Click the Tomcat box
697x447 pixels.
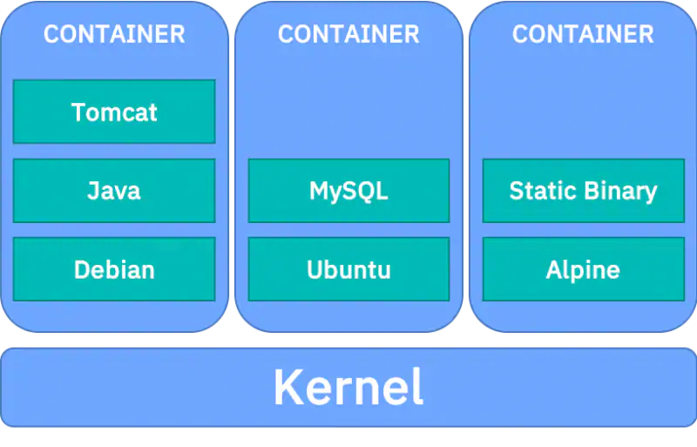click(114, 112)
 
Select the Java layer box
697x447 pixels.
click(114, 190)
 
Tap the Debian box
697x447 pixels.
click(114, 269)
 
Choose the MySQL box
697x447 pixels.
click(348, 190)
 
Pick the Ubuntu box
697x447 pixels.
click(348, 269)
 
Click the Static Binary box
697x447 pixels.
click(583, 190)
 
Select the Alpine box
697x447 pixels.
click(583, 269)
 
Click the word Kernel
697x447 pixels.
click(348, 388)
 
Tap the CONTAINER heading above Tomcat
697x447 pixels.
click(114, 34)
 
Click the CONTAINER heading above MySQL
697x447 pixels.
click(348, 34)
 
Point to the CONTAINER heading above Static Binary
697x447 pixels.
click(583, 34)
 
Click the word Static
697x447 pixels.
click(538, 190)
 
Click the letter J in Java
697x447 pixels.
click(92, 190)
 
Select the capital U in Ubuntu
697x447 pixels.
click(315, 269)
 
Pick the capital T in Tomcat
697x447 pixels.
click(78, 112)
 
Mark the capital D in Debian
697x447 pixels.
click(82, 269)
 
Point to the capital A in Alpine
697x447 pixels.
click(554, 269)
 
